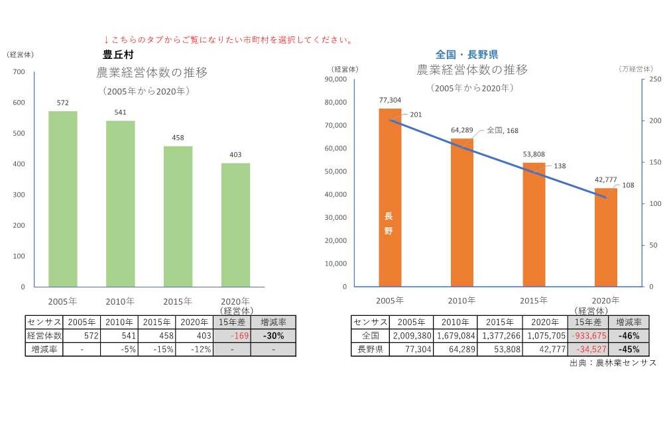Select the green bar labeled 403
pos(235,225)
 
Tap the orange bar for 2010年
pos(461,212)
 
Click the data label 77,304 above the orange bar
pos(390,99)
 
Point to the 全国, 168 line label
pos(502,130)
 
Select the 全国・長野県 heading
pos(466,54)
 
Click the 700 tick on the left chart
pos(19,72)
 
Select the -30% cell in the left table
pos(273,336)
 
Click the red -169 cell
pos(233,336)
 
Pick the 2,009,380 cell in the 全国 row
pos(410,336)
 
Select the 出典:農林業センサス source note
pos(613,363)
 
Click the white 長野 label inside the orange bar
pos(389,223)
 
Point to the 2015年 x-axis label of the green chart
pos(178,301)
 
